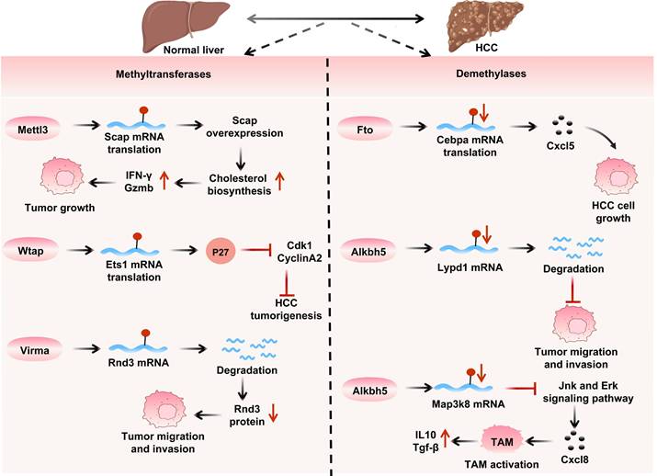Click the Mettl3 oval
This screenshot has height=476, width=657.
pyautogui.click(x=32, y=123)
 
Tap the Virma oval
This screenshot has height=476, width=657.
pyautogui.click(x=32, y=348)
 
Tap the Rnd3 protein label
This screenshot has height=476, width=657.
pyautogui.click(x=245, y=416)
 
